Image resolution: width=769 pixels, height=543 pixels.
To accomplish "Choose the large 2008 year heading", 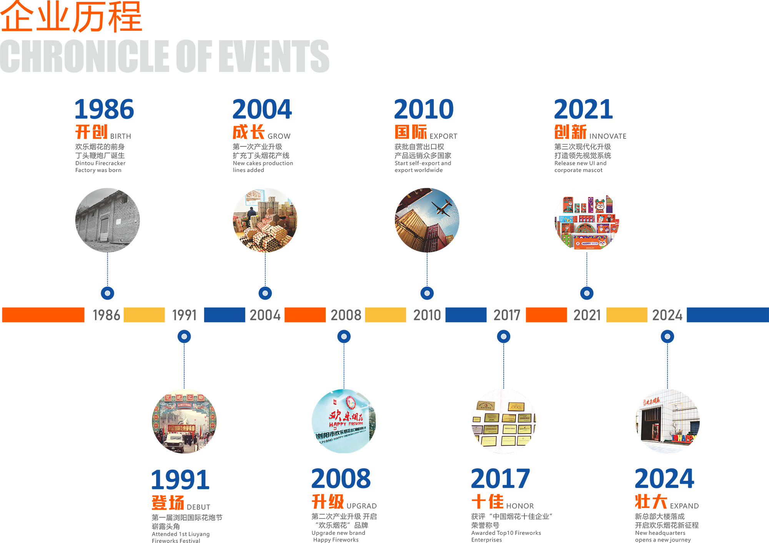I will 341,478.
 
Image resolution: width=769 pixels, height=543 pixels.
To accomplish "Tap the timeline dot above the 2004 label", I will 265,293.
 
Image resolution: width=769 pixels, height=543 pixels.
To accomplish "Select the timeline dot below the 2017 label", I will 504,337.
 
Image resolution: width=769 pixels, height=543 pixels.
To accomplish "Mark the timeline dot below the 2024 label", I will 667,337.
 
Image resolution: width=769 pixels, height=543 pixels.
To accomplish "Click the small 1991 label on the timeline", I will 185,315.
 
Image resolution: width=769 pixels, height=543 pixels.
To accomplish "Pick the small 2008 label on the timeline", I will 346,315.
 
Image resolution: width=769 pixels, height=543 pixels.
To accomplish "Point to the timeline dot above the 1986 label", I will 108,293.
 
